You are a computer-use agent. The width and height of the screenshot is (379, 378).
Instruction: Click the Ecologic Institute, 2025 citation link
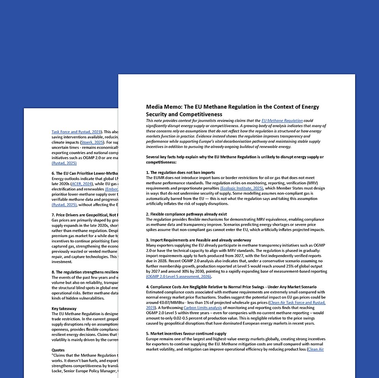point(242,188)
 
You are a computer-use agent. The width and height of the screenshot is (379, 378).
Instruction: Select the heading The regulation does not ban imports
point(182,172)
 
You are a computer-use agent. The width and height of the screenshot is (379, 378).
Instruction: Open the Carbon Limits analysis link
point(203,308)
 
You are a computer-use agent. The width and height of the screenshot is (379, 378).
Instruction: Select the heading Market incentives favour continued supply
point(186,334)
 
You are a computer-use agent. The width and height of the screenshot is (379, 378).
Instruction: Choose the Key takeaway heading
point(64,309)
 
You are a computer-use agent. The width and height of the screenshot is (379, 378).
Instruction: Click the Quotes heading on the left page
point(58,350)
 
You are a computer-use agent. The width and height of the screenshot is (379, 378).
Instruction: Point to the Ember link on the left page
point(112,189)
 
